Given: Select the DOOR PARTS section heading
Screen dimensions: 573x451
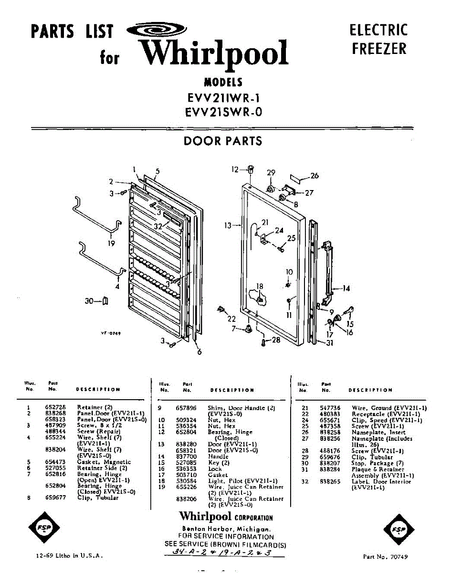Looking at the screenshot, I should click(223, 141).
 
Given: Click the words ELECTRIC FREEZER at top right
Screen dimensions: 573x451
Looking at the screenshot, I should click(379, 39).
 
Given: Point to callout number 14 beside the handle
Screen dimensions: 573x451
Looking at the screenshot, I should click(346, 288).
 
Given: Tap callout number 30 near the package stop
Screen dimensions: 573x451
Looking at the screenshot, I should click(89, 301).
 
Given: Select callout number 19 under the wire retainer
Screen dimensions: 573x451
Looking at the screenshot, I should click(111, 244).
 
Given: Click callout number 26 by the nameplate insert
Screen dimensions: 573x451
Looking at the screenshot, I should click(314, 176).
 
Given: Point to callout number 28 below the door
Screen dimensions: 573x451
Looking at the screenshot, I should click(276, 340).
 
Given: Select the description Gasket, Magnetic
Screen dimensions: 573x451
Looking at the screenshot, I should click(104, 462).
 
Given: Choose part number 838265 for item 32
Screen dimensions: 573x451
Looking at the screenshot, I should click(330, 482).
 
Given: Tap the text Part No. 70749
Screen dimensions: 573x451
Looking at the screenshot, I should click(385, 557).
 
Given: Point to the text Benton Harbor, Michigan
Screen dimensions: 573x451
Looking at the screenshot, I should click(227, 529).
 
